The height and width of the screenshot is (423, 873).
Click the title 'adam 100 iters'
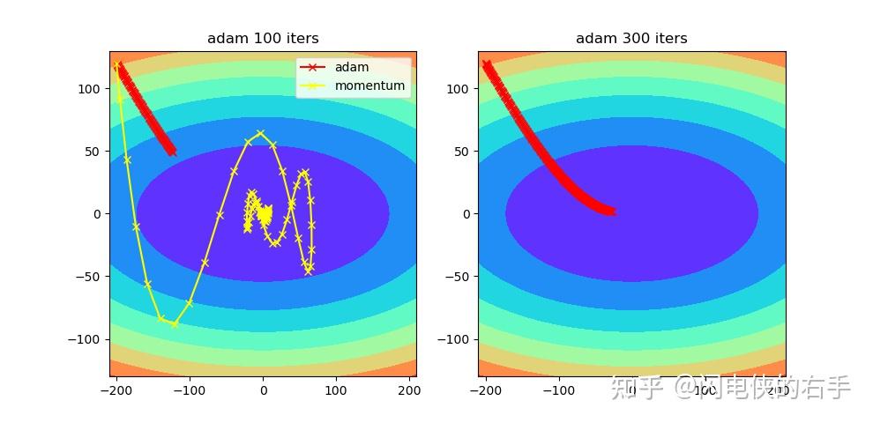(x=263, y=39)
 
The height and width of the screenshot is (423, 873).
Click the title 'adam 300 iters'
(x=631, y=39)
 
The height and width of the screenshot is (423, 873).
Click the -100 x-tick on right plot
(x=557, y=390)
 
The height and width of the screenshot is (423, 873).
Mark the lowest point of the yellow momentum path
(x=175, y=324)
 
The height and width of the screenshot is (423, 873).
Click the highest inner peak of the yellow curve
(x=260, y=133)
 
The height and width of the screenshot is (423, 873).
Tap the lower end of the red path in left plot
(x=172, y=152)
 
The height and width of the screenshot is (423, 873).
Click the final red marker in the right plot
(x=610, y=211)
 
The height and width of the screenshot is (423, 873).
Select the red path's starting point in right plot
(x=486, y=64)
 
